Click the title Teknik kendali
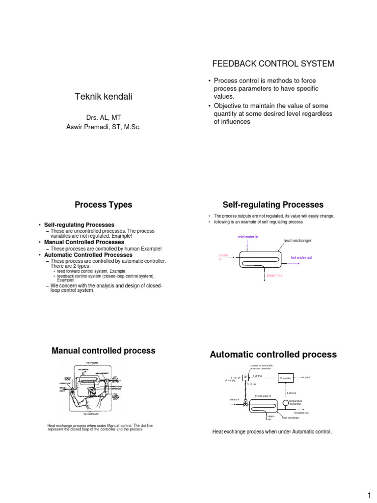click(103, 97)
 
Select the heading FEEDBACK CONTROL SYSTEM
click(273, 64)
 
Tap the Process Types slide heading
click(103, 205)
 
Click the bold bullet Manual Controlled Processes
click(84, 242)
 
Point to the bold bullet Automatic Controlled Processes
click(88, 255)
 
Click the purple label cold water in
click(247, 237)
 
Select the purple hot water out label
click(301, 257)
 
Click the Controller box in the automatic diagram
click(285, 379)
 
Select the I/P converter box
click(245, 377)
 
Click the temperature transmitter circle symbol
click(286, 403)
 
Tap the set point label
click(305, 377)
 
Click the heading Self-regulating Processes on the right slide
click(273, 205)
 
